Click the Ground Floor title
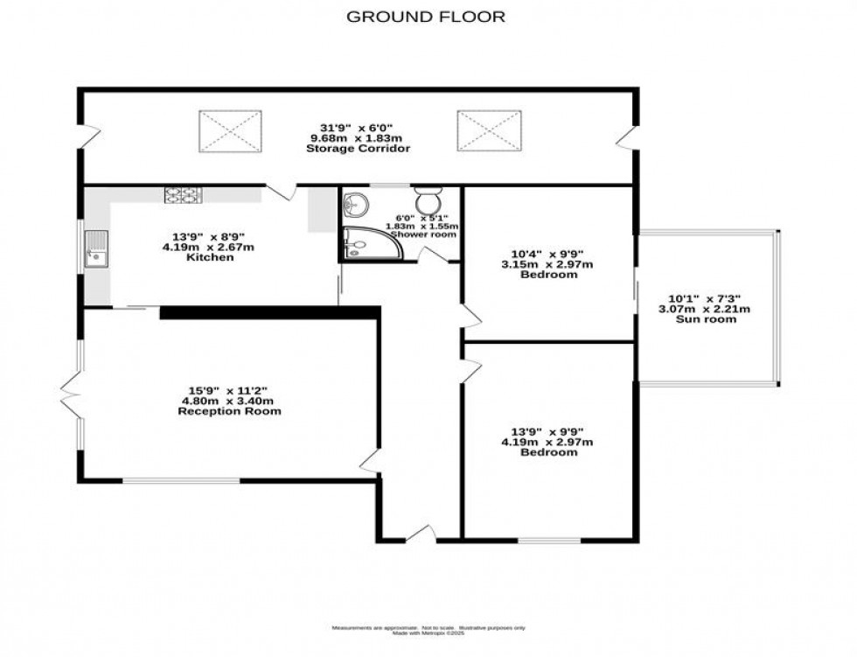(x=426, y=16)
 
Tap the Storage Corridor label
(x=358, y=149)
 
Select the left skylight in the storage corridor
(x=231, y=130)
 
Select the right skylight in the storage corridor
(x=489, y=130)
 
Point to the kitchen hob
(x=183, y=195)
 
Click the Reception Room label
(x=229, y=410)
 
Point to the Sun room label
(x=709, y=319)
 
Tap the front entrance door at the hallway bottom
(x=420, y=533)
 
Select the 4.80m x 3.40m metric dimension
(x=229, y=401)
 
